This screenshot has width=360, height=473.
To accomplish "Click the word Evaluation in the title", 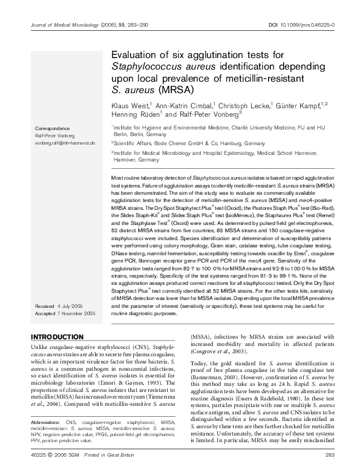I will click(136, 55).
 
